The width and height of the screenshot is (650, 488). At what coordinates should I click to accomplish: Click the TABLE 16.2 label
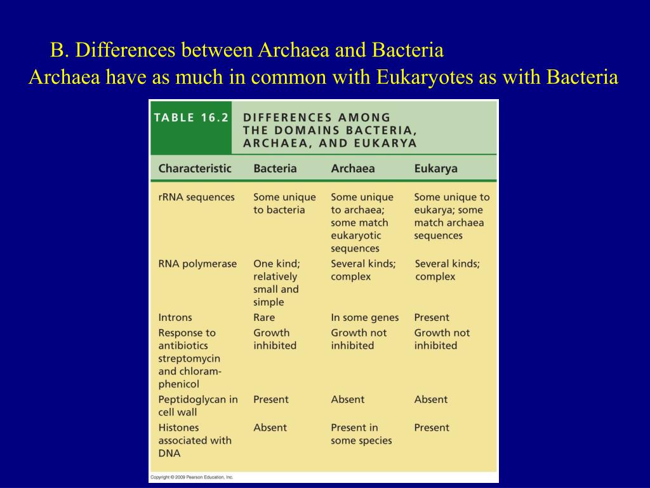pos(190,118)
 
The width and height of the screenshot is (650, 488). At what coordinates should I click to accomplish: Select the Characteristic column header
pos(195,168)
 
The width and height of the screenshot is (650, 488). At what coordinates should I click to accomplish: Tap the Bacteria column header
pos(275,168)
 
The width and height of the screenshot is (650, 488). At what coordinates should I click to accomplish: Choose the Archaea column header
pos(352,168)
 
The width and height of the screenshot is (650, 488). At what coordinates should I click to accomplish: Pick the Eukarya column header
pos(435,168)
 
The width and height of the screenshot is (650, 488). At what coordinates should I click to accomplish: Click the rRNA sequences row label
pos(196,197)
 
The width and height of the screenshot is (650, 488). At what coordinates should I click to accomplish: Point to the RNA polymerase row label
pos(197,264)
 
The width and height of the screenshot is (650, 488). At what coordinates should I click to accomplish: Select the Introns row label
pos(175,317)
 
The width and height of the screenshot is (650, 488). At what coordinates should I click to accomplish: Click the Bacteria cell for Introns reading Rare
pos(264,317)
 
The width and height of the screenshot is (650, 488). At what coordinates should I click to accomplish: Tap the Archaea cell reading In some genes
pos(365,317)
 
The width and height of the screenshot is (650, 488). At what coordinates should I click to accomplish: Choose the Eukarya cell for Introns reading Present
pos(432,317)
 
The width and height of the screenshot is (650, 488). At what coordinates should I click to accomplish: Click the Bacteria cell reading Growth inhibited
pos(275,339)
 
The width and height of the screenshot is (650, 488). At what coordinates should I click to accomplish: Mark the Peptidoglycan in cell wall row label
pos(197,405)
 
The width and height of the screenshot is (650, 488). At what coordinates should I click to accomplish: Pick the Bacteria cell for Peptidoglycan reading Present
pos(270,399)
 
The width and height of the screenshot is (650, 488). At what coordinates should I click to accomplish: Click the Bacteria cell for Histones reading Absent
pos(270,428)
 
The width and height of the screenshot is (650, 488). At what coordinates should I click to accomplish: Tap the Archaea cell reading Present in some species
pos(361,434)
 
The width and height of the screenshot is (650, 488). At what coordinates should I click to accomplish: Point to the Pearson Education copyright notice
pos(192,477)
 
